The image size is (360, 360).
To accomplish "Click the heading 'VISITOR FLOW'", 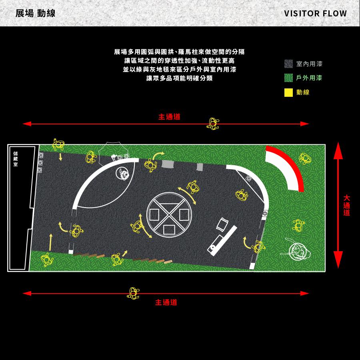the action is [315, 13].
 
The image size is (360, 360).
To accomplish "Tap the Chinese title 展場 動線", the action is [35, 13].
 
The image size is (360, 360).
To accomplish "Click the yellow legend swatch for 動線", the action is [288, 92].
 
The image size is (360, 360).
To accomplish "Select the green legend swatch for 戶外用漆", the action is [288, 78].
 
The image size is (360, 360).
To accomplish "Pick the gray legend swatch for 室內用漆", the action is [288, 64].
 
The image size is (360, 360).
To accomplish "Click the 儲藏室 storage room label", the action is [15, 159].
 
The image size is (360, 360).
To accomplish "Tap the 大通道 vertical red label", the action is [346, 205].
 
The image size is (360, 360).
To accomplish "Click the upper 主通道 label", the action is [169, 117].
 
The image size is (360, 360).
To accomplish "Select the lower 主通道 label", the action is [166, 302].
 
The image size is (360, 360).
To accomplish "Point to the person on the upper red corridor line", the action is [213, 124].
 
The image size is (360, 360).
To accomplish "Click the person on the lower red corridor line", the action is [133, 293].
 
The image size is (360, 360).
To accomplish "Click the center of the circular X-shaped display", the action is [169, 215].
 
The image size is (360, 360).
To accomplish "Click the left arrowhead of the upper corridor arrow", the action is [27, 124].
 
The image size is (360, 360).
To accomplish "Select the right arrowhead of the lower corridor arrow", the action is [305, 293].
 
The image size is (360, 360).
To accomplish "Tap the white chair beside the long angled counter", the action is [222, 224].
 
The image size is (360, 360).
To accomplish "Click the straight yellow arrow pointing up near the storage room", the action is [50, 242].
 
